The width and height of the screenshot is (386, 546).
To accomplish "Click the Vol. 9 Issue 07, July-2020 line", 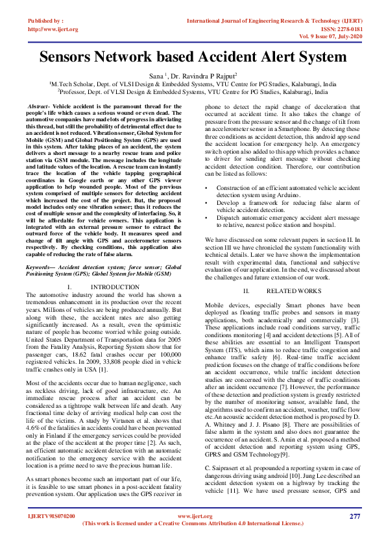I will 328,36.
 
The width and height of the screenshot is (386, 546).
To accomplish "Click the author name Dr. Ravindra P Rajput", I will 203,76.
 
